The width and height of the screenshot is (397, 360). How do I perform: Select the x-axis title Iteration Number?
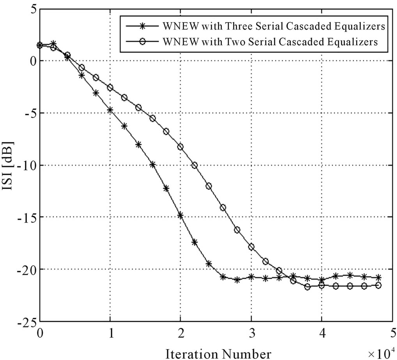(218, 354)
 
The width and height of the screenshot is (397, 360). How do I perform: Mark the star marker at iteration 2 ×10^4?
(181, 215)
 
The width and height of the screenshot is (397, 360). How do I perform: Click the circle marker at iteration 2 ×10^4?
(181, 147)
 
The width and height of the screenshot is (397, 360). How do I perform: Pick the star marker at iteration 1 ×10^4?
(110, 110)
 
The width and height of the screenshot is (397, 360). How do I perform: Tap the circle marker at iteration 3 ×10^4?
(251, 247)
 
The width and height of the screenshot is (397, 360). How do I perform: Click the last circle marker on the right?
(378, 285)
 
